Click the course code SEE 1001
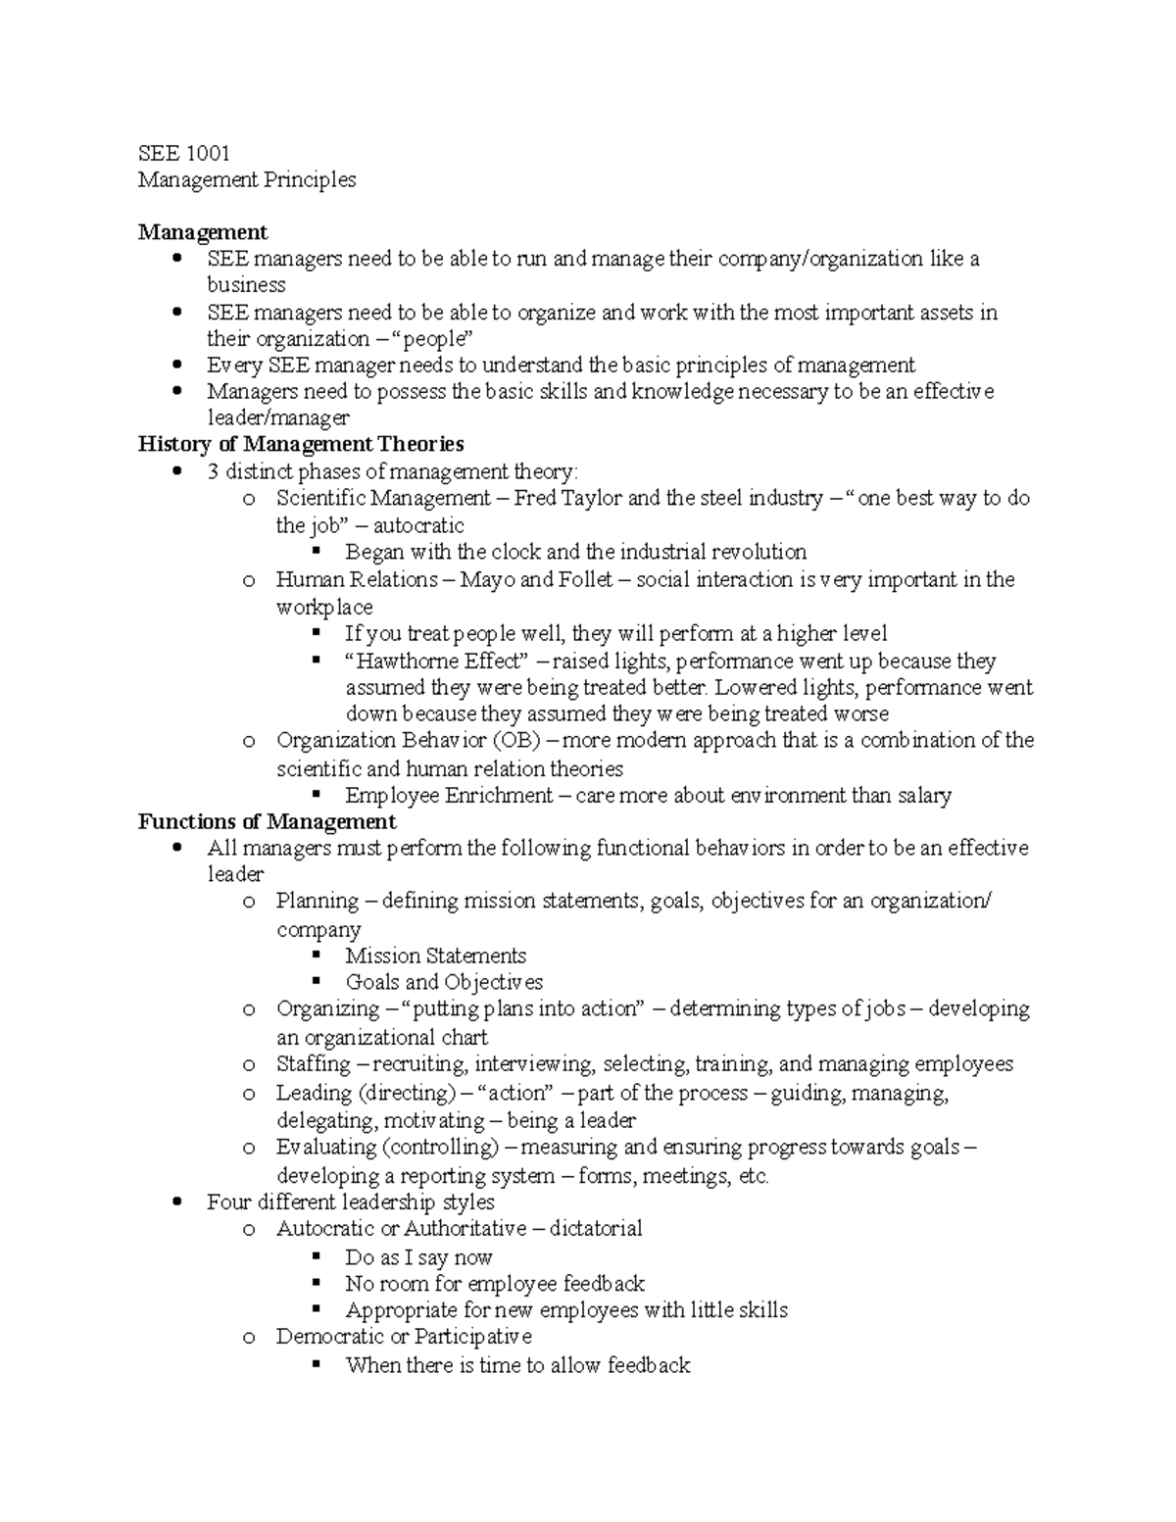click(x=183, y=153)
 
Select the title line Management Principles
click(x=247, y=179)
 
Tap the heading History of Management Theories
click(x=301, y=444)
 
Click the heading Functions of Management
click(x=267, y=821)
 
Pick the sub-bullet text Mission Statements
click(x=435, y=956)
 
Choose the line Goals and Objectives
click(x=443, y=982)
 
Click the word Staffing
click(x=313, y=1064)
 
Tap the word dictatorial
click(x=595, y=1228)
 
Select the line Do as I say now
click(x=418, y=1257)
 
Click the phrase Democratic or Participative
click(x=404, y=1337)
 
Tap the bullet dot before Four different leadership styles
click(x=176, y=1203)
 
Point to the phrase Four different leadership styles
click(x=350, y=1202)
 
